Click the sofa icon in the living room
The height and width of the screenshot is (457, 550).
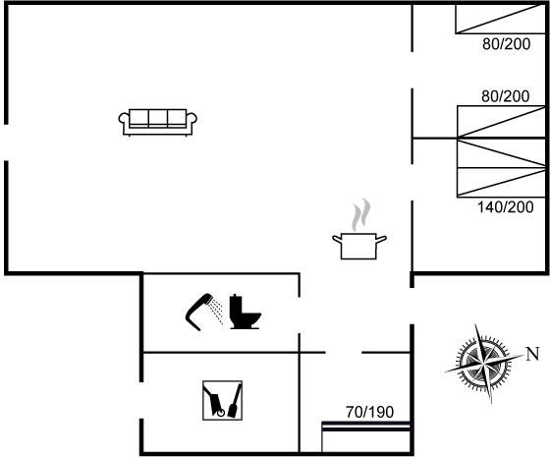[x=158, y=122]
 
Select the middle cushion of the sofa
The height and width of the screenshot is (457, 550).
[x=158, y=117]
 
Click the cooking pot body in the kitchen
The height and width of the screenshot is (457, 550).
[x=358, y=246]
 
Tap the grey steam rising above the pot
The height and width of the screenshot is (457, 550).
[x=361, y=215]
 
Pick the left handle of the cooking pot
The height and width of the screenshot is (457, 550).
[x=337, y=239]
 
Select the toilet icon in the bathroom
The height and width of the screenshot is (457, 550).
[x=245, y=312]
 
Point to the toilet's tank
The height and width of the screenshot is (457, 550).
[x=236, y=306]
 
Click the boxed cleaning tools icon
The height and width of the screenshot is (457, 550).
[x=222, y=400]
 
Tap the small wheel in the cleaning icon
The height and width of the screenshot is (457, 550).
[x=221, y=413]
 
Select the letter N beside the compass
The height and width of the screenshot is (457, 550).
[x=532, y=354]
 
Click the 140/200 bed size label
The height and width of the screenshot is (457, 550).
[x=506, y=207]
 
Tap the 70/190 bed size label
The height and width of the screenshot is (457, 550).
[x=369, y=412]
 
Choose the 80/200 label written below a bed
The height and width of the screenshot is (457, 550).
[x=507, y=44]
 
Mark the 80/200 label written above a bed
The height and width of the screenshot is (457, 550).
[x=506, y=96]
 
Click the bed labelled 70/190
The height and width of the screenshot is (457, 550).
[x=366, y=436]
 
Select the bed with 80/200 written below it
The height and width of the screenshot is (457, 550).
[x=501, y=19]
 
